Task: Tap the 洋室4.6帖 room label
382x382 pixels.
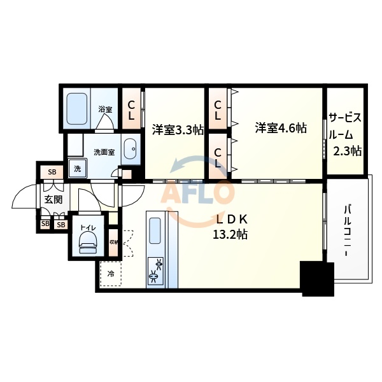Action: click(281, 128)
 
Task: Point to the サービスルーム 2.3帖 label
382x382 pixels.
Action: click(346, 134)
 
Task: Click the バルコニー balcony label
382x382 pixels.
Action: click(350, 230)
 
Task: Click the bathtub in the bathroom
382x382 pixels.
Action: click(77, 110)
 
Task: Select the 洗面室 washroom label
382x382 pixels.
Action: click(104, 152)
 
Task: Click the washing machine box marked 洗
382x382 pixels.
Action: click(77, 169)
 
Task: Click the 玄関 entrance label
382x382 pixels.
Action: click(53, 199)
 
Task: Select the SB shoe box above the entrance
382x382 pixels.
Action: click(52, 173)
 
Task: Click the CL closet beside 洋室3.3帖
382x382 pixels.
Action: click(131, 110)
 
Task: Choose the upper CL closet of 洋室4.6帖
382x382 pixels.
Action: click(218, 110)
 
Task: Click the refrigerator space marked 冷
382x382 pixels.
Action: click(111, 274)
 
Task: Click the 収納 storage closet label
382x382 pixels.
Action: click(113, 242)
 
